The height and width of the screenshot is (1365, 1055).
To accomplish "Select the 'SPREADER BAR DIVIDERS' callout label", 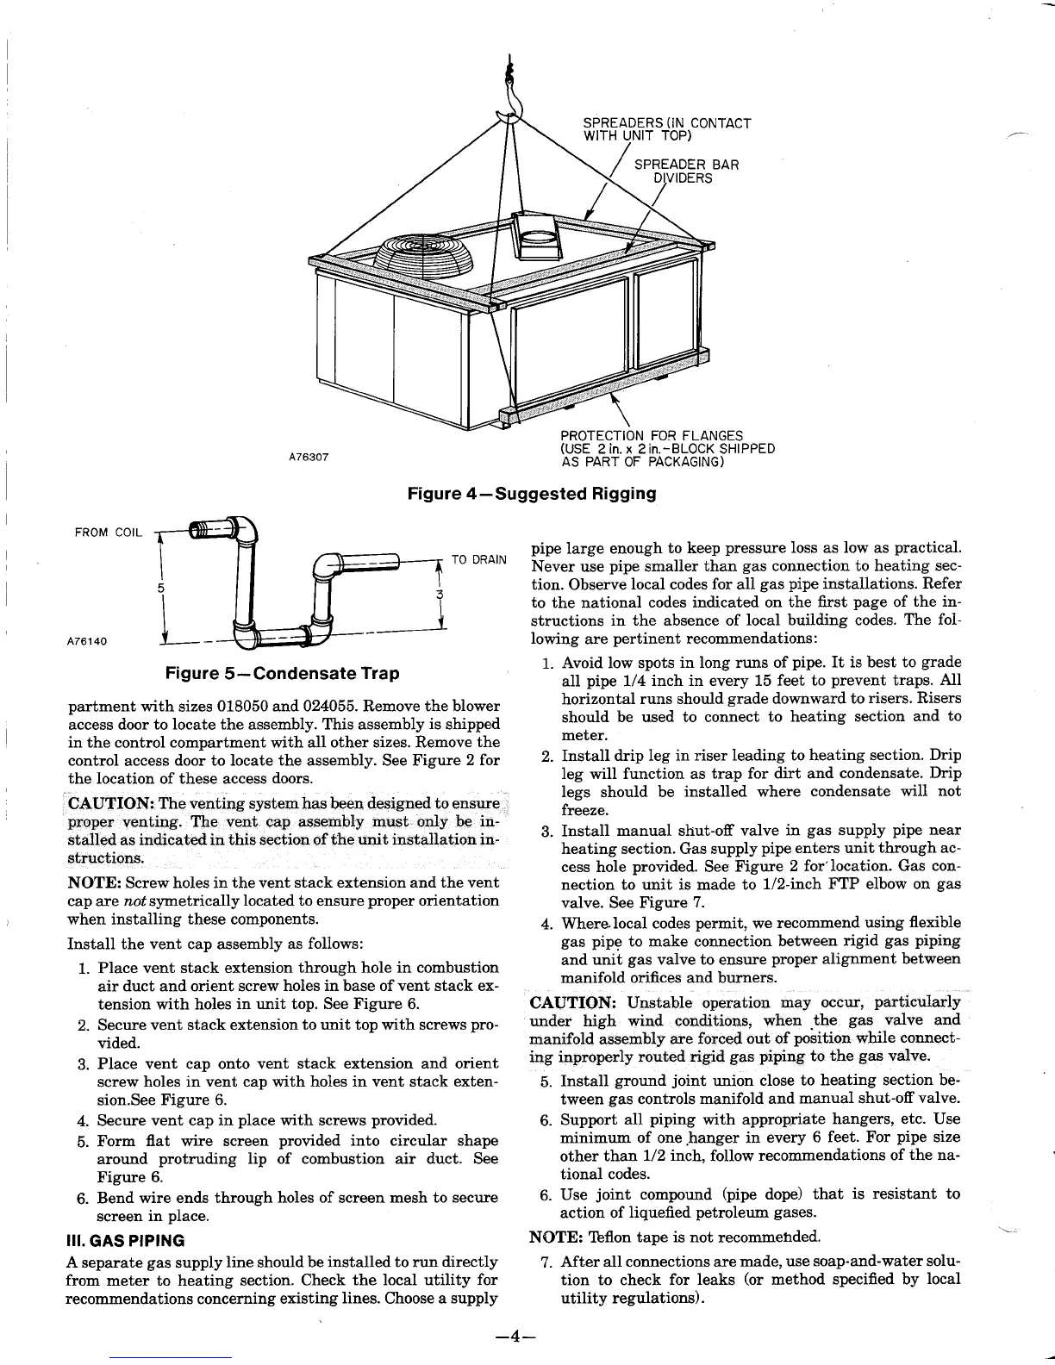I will click(686, 171).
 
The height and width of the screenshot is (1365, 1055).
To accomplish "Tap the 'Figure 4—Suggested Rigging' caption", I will click(532, 494).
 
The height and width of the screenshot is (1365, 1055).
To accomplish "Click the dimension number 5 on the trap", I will click(160, 589).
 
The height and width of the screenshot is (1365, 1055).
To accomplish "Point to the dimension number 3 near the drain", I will click(440, 595).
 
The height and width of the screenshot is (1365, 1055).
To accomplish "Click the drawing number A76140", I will click(87, 642).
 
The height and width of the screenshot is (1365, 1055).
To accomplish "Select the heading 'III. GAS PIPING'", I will click(126, 1241).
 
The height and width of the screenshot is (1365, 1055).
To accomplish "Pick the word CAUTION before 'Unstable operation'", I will click(571, 1002).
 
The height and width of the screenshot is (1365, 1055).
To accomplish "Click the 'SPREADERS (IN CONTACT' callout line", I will click(667, 123).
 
